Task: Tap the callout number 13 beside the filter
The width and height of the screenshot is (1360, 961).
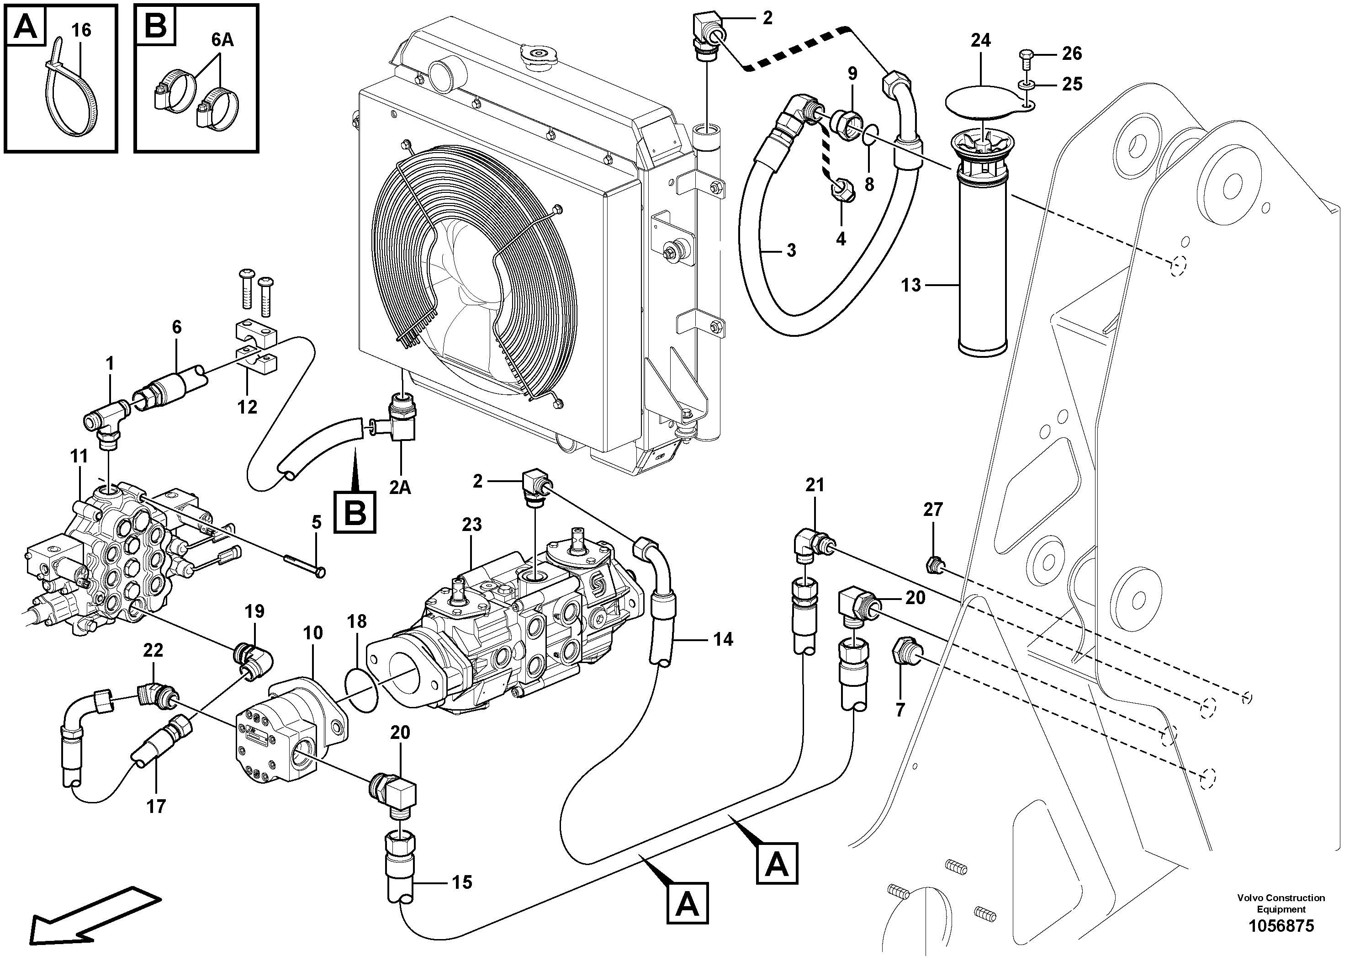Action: pyautogui.click(x=911, y=286)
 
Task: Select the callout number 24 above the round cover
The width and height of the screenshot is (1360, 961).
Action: pyautogui.click(x=980, y=40)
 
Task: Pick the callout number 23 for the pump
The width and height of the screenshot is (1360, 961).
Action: pyautogui.click(x=472, y=524)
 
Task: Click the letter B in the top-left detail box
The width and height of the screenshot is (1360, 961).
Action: pyautogui.click(x=156, y=27)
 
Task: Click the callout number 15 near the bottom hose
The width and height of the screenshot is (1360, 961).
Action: pyautogui.click(x=462, y=882)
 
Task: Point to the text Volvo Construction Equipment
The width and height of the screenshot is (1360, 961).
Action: pyautogui.click(x=1280, y=903)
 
